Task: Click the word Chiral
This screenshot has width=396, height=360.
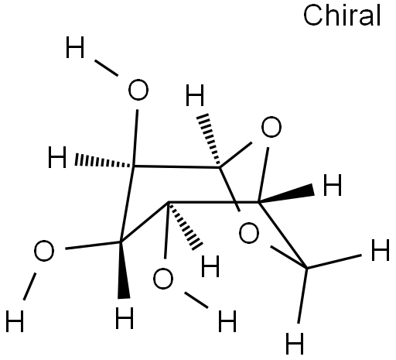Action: pyautogui.click(x=342, y=15)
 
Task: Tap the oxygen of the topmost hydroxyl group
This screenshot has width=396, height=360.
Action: pyautogui.click(x=138, y=90)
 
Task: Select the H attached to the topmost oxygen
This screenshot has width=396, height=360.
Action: pyautogui.click(x=75, y=47)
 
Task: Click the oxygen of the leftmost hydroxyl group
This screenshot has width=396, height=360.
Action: pyautogui.click(x=44, y=251)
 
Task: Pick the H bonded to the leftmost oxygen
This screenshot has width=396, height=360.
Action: pyautogui.click(x=15, y=321)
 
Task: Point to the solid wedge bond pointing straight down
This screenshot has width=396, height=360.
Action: pyautogui.click(x=123, y=270)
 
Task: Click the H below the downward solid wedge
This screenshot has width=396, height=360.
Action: pyautogui.click(x=125, y=318)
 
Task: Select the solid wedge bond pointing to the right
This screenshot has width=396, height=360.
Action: pyautogui.click(x=286, y=194)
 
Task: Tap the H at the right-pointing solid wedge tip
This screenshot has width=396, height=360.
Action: pyautogui.click(x=333, y=185)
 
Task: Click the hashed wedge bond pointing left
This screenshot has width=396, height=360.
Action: pyautogui.click(x=104, y=162)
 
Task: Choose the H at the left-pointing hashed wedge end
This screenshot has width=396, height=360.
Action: pyautogui.click(x=57, y=157)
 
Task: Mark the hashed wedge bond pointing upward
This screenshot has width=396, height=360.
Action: pyautogui.click(x=209, y=140)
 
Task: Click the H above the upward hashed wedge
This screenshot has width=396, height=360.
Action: pyautogui.click(x=195, y=95)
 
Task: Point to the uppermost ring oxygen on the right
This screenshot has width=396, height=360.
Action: pyautogui.click(x=271, y=127)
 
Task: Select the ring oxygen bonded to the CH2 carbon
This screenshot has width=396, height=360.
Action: pyautogui.click(x=249, y=233)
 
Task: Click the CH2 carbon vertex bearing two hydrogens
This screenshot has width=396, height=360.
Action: pyautogui.click(x=307, y=269)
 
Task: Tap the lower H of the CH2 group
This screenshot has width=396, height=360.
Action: pyautogui.click(x=295, y=343)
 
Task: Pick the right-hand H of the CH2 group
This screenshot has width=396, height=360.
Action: pyautogui.click(x=380, y=250)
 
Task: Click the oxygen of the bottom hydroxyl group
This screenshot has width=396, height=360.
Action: pyautogui.click(x=163, y=279)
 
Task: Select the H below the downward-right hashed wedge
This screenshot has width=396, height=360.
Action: pyautogui.click(x=210, y=266)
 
